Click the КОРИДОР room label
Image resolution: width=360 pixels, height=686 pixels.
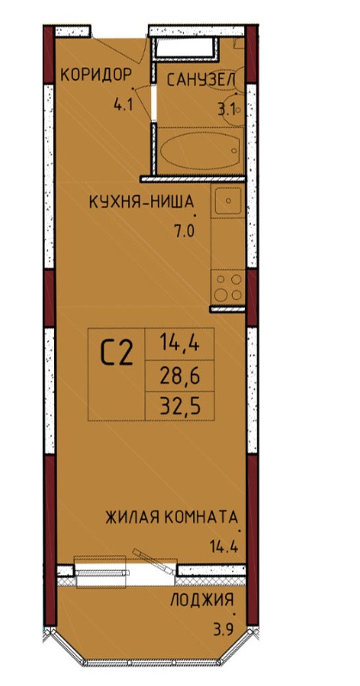coord(95,75)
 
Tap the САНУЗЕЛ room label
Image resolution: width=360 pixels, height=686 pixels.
coord(201,80)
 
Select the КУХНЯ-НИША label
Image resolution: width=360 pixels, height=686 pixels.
coord(141,202)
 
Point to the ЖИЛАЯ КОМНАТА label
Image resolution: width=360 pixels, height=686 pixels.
coord(172,518)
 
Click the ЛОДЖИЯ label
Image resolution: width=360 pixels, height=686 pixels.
coord(202,600)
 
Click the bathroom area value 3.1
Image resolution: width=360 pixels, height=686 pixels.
coord(227,109)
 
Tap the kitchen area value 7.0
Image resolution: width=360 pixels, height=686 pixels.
coord(184,231)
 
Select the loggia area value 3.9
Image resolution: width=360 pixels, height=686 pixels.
coord(223,631)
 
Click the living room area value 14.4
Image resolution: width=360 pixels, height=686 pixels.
coord(224,547)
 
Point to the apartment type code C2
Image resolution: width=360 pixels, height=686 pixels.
coord(117,353)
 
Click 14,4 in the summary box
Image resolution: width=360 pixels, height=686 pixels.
coord(180,344)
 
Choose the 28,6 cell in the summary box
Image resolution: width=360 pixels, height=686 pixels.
coord(180,376)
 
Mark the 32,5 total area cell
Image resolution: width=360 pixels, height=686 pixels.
coord(180,407)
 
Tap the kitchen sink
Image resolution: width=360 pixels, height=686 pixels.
coord(228,201)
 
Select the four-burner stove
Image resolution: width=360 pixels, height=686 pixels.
coord(228,287)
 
